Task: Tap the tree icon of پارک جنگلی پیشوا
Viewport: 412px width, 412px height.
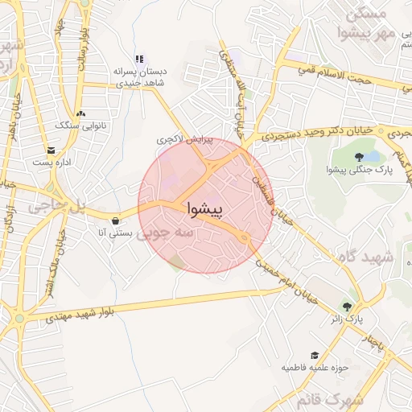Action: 359,155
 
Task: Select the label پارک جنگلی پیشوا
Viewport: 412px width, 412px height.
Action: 358,169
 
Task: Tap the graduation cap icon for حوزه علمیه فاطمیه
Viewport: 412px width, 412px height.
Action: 315,355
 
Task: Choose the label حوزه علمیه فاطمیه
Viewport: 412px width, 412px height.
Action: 313,368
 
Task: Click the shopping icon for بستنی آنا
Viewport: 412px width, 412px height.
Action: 117,220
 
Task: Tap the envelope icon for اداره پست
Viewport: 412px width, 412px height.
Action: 51,150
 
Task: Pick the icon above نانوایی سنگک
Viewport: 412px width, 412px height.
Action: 80,113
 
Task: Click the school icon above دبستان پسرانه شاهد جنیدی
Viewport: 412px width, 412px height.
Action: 139,59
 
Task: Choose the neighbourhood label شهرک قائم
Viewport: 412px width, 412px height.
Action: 330,399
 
